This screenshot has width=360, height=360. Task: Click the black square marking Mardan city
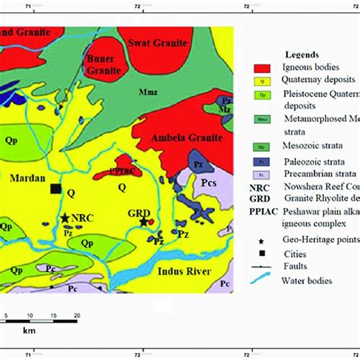point(55,188)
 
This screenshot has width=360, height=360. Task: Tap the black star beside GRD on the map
point(144,222)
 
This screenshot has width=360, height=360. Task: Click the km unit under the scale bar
point(28,332)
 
